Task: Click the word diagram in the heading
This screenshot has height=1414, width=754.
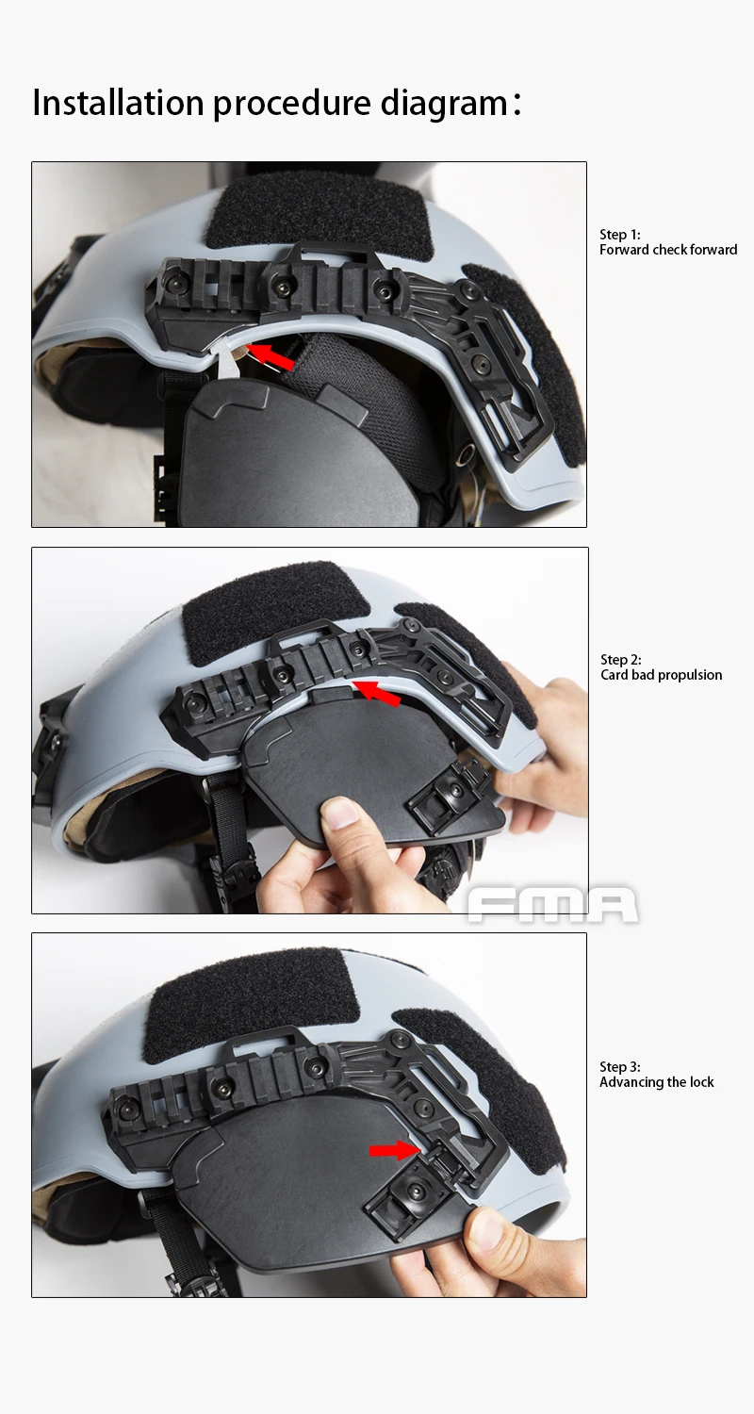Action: (443, 104)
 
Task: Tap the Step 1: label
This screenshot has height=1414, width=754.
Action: (620, 235)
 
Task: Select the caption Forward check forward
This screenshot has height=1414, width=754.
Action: (668, 250)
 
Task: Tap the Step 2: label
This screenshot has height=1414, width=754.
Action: (621, 660)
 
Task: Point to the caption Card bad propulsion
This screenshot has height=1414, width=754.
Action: (661, 675)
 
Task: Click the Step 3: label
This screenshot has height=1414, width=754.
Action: (620, 1067)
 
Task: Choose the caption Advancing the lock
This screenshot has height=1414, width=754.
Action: (657, 1082)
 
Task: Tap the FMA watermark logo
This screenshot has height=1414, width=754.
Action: (552, 905)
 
